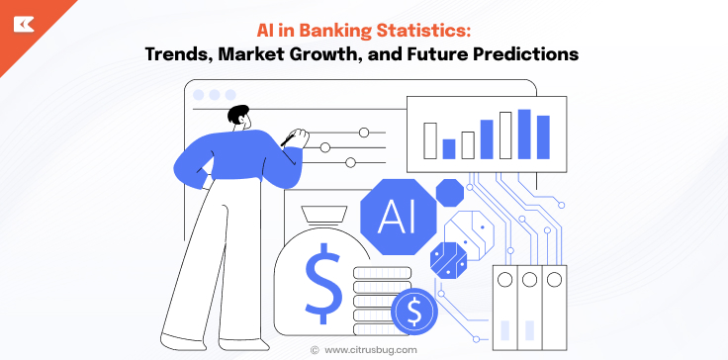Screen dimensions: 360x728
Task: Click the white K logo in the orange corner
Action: pos(22,23)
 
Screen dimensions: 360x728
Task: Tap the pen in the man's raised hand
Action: pos(292,136)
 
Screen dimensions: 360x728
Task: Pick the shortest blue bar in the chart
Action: pos(449,148)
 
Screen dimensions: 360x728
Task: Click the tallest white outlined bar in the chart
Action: pos(504,135)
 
